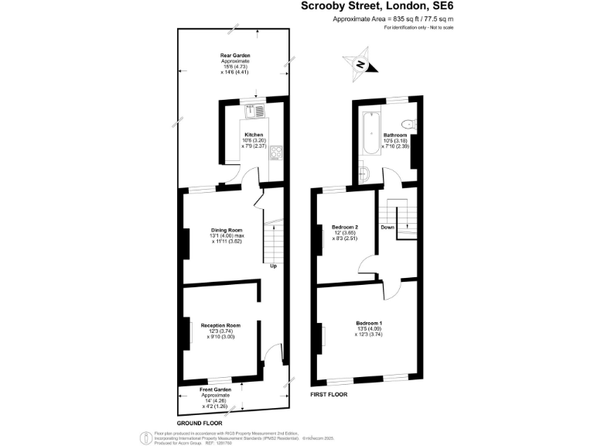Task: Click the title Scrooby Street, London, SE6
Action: (x=377, y=6)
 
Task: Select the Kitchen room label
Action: (x=254, y=134)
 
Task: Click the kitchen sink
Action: (x=254, y=111)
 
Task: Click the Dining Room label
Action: (x=227, y=230)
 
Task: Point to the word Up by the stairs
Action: (x=273, y=266)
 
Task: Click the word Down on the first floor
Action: (x=387, y=228)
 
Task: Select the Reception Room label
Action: (x=220, y=325)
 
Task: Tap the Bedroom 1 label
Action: (x=369, y=323)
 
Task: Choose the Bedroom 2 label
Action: (x=344, y=227)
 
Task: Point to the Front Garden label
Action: (x=216, y=389)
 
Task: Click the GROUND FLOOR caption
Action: (x=200, y=424)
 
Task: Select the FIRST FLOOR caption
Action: (x=329, y=395)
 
